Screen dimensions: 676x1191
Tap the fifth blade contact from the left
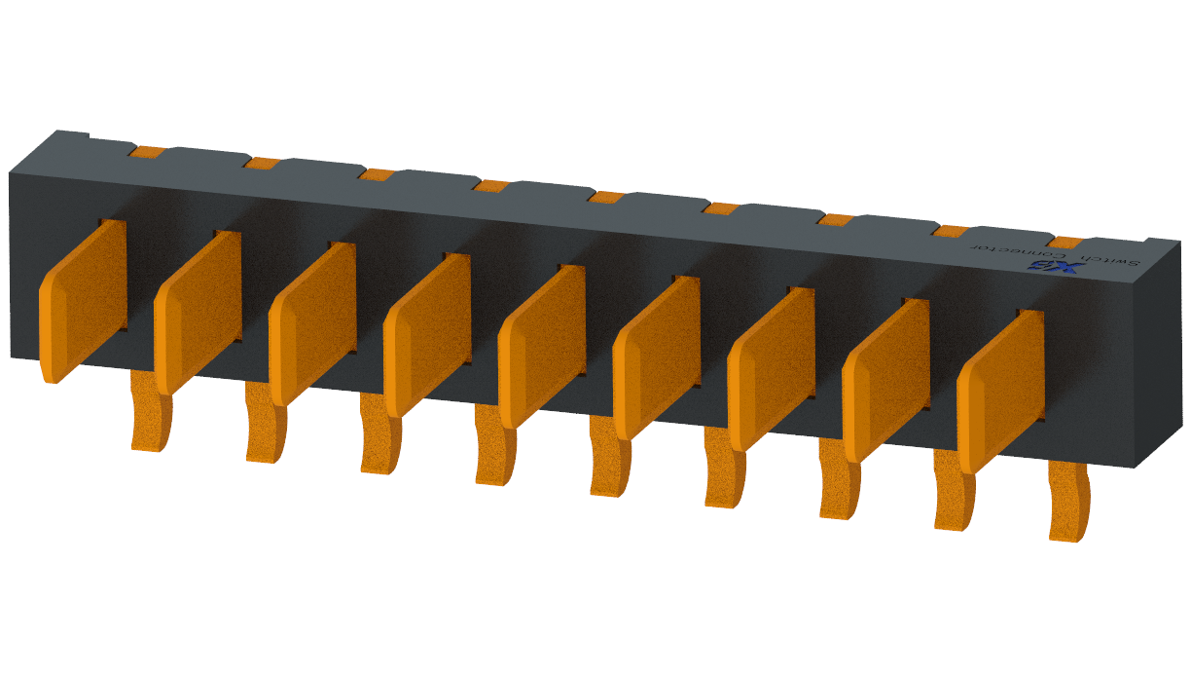pos(541,345)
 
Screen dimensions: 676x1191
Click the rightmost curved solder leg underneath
pos(1068,501)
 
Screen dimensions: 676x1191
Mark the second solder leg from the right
pos(955,492)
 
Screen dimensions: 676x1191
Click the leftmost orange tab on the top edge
pos(147,152)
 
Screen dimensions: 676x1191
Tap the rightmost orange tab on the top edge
pos(1068,242)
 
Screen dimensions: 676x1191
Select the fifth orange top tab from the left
pos(605,197)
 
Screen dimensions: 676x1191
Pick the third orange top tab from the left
pos(376,174)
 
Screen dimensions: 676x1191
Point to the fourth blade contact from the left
pos(427,333)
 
